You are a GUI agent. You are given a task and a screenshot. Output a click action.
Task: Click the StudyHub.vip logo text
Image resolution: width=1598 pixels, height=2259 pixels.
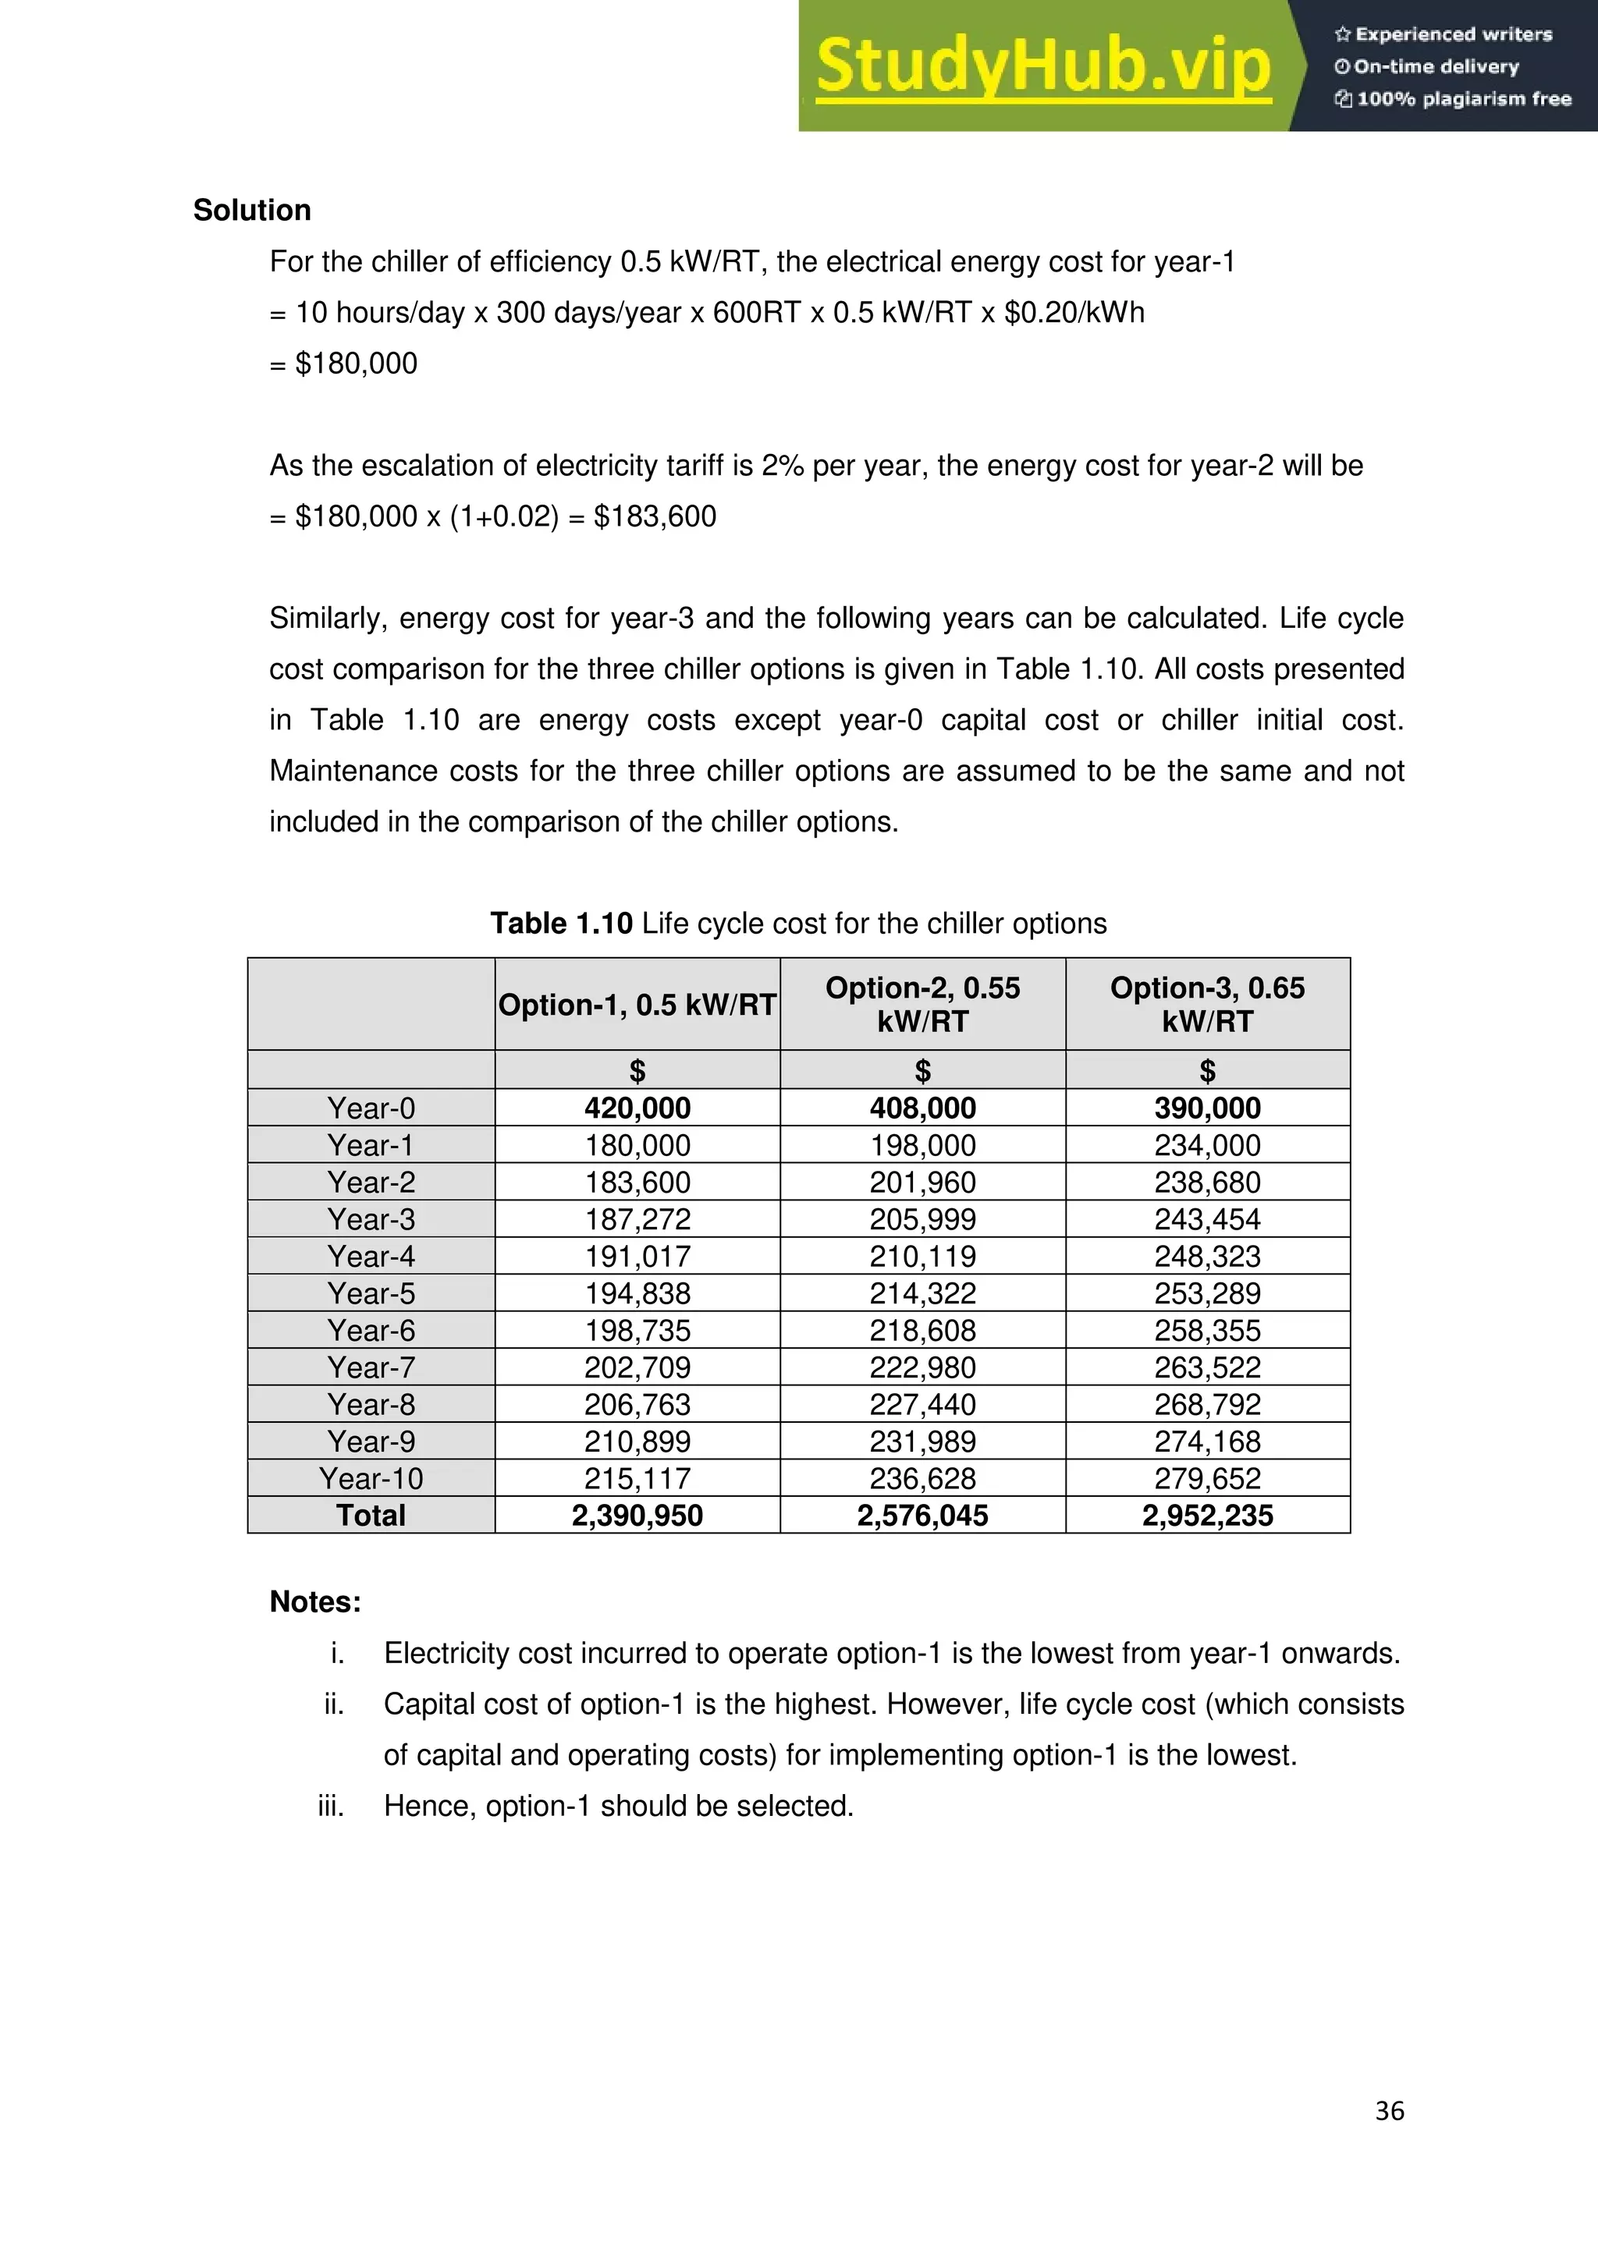coord(1043,66)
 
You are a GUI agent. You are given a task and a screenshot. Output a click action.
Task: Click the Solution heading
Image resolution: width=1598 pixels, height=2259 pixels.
coord(252,211)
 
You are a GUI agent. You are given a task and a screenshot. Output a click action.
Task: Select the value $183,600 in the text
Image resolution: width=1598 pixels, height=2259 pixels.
coord(655,516)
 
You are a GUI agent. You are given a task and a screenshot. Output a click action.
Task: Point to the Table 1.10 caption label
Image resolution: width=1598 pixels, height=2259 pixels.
coord(561,924)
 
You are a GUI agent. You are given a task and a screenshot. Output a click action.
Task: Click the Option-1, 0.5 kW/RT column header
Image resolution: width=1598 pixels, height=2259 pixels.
coord(637,1005)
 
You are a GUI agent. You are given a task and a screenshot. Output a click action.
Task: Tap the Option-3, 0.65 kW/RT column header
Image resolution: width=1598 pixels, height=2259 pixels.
coord(1207,1005)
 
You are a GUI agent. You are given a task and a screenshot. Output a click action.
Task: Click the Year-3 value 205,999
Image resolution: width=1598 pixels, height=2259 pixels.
coord(922,1219)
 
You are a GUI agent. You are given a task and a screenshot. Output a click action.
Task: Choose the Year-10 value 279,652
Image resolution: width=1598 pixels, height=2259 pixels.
coord(1207,1479)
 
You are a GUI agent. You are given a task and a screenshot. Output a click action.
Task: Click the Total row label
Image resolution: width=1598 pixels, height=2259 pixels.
coord(371,1515)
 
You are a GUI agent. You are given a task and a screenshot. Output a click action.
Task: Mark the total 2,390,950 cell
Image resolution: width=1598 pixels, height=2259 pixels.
coord(637,1515)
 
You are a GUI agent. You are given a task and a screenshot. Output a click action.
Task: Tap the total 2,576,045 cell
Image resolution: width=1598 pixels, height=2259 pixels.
coord(922,1515)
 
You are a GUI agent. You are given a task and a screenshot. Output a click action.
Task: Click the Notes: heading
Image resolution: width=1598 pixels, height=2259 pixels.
coord(316,1601)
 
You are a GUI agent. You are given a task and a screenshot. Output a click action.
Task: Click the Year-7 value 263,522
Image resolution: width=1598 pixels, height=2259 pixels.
coord(1207,1367)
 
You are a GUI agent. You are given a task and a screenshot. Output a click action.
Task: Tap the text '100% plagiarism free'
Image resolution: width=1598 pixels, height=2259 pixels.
coord(1463,98)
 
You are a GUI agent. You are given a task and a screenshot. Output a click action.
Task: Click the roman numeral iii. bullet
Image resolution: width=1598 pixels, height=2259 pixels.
coord(332,1807)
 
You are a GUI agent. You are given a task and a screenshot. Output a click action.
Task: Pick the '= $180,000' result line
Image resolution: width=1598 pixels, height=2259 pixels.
coord(344,364)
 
